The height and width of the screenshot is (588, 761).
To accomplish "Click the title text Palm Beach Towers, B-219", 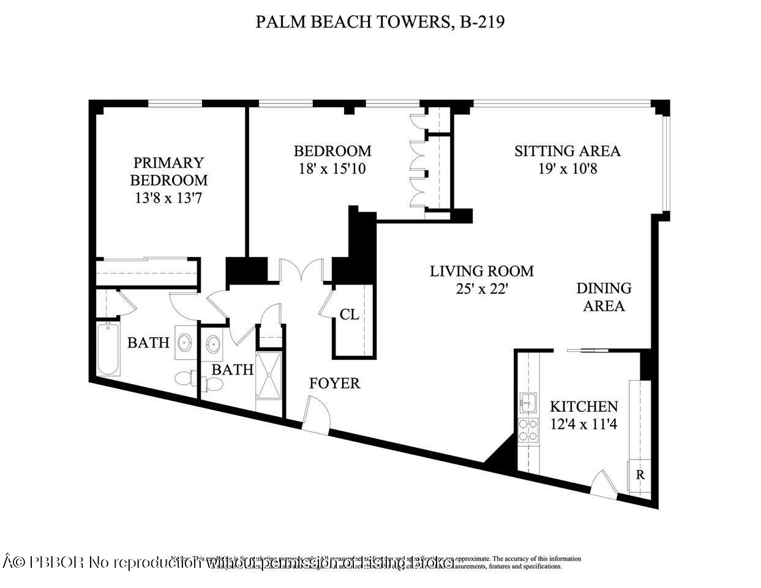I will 380,22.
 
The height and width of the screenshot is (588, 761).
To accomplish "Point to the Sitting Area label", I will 567,151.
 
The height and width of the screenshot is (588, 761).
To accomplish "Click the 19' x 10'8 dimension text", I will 567,168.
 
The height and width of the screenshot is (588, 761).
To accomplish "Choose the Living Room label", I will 481,270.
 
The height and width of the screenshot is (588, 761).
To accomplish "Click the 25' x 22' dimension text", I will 481,288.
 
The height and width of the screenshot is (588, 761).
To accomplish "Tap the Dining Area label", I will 604,297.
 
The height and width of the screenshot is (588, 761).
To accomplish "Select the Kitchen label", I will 583,406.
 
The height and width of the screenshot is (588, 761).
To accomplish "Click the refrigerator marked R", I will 640,475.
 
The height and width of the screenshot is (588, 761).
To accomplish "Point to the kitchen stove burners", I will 528,430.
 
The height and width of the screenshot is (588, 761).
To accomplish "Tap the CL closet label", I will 349,314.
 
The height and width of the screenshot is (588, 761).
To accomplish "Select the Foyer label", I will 334,384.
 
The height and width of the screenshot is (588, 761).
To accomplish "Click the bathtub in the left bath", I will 108,349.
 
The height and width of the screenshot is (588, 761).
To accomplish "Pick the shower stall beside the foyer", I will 269,374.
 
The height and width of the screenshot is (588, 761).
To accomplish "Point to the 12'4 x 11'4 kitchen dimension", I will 583,423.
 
